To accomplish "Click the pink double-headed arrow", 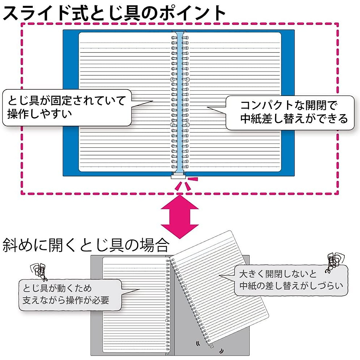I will tap(180, 216).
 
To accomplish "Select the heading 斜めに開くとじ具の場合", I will tap(85, 245).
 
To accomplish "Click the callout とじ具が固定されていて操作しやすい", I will tap(67, 107).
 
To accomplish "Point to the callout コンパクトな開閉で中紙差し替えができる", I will tap(290, 112).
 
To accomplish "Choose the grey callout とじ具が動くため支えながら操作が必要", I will tap(70, 295).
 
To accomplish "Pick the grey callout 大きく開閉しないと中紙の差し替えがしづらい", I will tap(291, 280).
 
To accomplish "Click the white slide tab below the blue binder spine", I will tap(179, 176).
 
